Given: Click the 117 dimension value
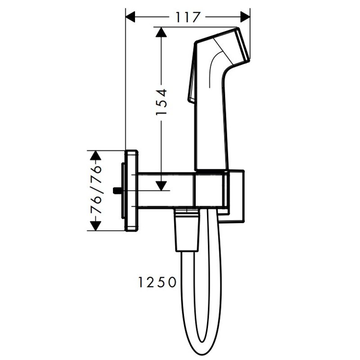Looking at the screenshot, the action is (187, 17).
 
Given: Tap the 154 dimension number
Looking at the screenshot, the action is (161, 102).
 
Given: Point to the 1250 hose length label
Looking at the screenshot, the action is (157, 282).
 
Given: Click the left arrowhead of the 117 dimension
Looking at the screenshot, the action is (130, 17).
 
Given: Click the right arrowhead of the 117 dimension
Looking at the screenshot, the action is (245, 17).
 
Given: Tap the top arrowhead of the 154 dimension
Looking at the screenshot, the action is (161, 32).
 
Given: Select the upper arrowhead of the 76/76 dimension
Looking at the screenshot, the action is (95, 155).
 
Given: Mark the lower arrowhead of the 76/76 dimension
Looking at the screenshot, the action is (95, 226).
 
